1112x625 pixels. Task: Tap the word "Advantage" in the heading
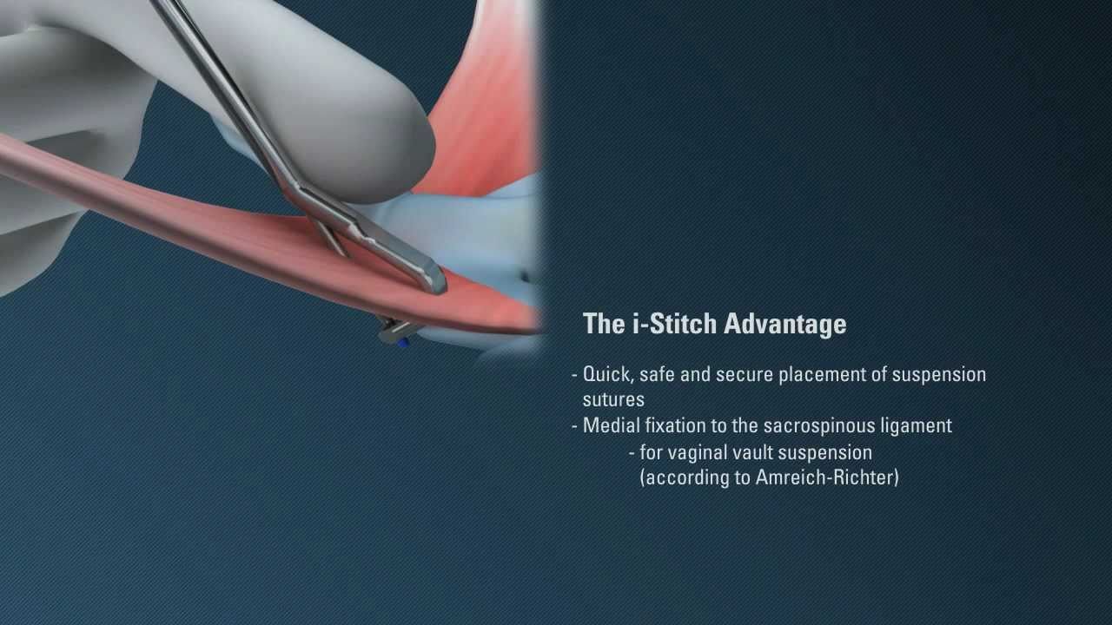784,325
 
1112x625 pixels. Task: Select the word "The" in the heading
604,324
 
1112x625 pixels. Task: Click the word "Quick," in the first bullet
609,374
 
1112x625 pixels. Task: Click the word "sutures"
613,400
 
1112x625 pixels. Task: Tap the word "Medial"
612,425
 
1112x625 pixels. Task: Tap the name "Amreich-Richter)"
827,477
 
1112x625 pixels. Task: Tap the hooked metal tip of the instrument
436,280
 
